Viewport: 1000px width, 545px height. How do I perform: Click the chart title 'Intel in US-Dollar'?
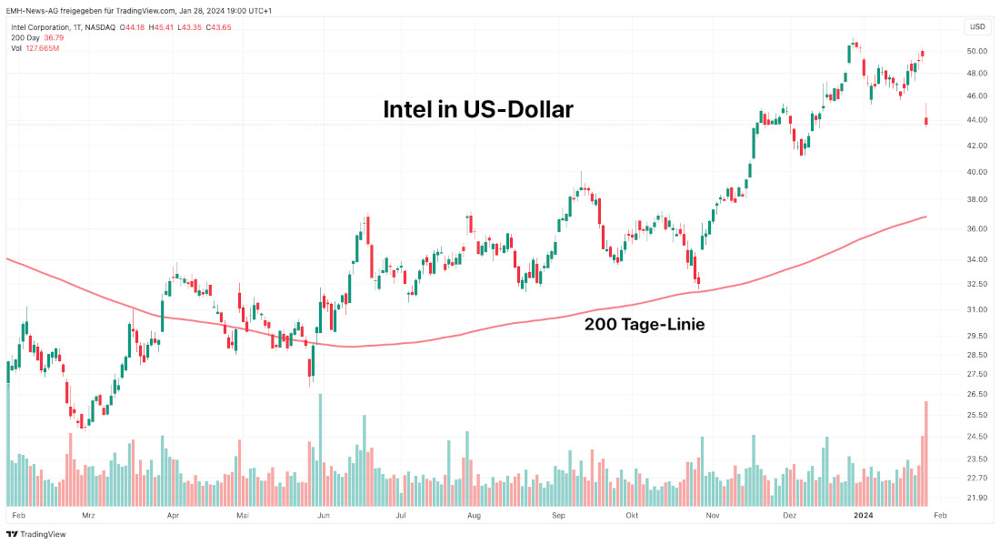coord(477,110)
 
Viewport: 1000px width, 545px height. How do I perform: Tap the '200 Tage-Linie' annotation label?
coord(644,323)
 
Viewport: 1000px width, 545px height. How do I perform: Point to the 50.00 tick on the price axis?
coord(977,51)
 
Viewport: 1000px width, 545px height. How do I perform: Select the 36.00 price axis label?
coord(977,228)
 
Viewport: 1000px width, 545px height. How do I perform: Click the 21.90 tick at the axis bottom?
coord(977,498)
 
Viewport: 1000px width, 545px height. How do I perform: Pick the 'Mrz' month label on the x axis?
coord(88,515)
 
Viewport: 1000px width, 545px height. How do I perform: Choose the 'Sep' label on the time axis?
coord(559,515)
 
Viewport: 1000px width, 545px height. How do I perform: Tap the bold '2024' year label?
coord(864,515)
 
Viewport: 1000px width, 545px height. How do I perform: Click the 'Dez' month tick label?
coord(789,515)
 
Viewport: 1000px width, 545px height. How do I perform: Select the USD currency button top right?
coord(977,26)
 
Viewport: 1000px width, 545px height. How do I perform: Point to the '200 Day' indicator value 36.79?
coord(55,37)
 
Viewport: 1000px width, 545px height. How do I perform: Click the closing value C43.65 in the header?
coord(220,27)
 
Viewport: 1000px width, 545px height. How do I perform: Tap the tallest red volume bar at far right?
coord(926,453)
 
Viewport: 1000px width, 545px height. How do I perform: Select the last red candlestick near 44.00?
coord(926,121)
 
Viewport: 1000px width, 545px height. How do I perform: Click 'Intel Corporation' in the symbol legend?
coord(40,27)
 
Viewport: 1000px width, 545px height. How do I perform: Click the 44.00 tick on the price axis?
coord(977,119)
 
